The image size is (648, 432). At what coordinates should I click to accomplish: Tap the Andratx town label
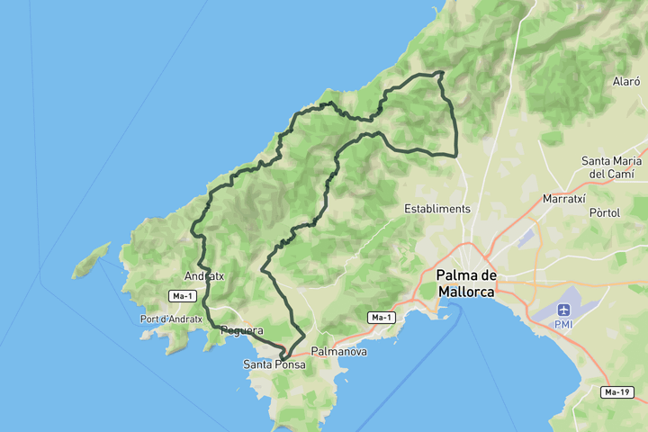coord(203,276)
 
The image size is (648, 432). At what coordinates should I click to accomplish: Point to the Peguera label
coord(241,331)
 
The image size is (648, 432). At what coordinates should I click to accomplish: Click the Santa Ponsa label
coord(274,365)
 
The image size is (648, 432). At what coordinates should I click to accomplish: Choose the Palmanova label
coord(338,351)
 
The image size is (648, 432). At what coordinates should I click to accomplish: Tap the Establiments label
coord(437,209)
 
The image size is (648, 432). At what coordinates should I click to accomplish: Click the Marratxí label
coord(564,198)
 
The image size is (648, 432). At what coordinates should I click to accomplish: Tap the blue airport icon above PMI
coord(564,310)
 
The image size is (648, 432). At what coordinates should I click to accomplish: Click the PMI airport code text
coord(564,324)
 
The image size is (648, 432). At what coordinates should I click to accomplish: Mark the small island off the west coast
coord(91,260)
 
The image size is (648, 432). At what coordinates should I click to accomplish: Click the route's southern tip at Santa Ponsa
coord(283,359)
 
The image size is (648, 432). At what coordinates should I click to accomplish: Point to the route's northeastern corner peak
coord(441,73)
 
